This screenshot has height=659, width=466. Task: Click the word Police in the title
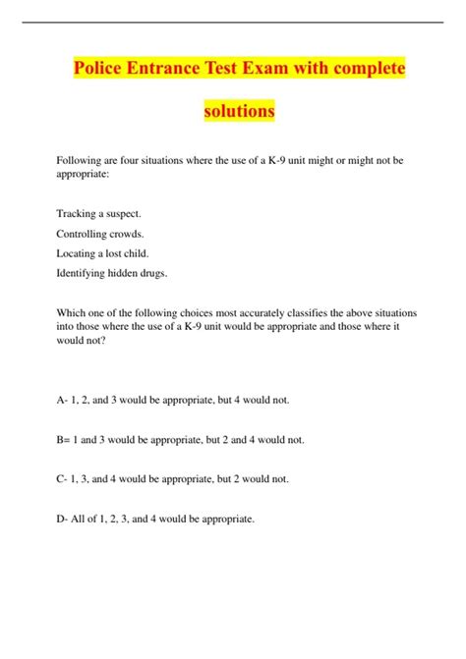(98, 71)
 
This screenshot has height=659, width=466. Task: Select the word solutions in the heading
(239, 111)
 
